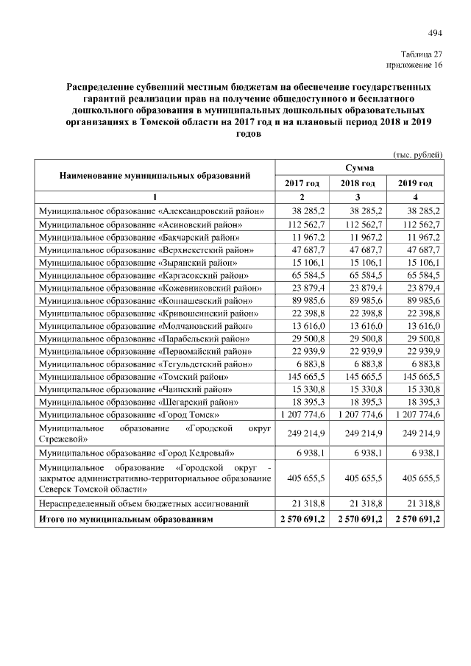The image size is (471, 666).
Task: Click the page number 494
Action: pos(435,32)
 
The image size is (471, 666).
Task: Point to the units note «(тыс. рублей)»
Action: pos(418,155)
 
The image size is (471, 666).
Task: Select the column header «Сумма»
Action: pos(359,169)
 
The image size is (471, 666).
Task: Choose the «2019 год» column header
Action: pos(417,183)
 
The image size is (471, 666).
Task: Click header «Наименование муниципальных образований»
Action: pos(155,176)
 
